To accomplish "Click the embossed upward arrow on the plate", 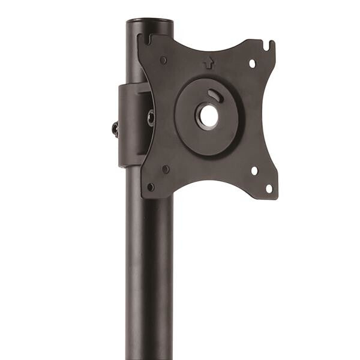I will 208,61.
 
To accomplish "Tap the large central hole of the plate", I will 208,116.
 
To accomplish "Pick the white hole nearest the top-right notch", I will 252,62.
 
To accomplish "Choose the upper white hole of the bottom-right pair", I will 254,171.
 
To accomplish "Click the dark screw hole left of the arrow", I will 163,60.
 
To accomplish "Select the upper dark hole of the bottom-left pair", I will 166,169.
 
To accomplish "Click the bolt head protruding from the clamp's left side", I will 115,128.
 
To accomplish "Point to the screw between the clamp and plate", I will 151,118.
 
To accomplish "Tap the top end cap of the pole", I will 149,22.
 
